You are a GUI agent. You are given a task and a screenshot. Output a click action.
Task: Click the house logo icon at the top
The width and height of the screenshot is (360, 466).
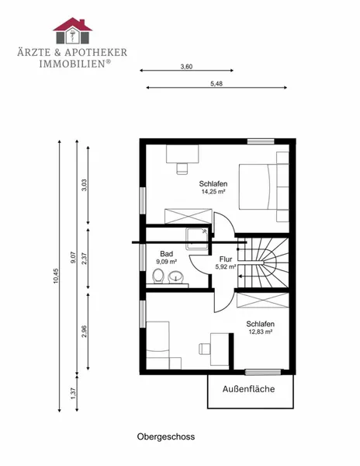point(73,30)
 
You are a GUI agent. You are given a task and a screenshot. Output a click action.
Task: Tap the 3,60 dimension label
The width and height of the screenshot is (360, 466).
point(186,67)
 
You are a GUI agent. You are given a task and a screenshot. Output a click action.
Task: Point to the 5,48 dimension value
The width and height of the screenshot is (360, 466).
point(216,84)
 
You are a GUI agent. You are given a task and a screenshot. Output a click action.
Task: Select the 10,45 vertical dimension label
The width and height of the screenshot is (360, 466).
point(56,276)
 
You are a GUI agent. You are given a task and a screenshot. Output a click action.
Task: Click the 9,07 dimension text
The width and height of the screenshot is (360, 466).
point(74,257)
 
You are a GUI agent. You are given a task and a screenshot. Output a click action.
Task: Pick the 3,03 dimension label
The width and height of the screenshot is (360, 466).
point(85,185)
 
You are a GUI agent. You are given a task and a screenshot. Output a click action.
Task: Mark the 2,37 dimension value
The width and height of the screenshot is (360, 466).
point(85,259)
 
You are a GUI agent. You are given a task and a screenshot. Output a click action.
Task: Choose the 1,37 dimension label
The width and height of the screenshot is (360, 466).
point(74,394)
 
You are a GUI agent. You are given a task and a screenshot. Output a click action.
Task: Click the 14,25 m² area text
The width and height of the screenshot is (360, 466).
point(213,192)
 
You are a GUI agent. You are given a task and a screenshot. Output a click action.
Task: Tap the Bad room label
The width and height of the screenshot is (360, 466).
point(167,254)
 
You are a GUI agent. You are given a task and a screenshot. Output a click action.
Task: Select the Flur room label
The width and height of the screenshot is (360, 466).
point(226,259)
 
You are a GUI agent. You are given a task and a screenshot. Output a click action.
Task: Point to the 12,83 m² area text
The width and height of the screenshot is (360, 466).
point(261,332)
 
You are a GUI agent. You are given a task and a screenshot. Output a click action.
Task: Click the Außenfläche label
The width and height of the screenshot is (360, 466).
point(249,389)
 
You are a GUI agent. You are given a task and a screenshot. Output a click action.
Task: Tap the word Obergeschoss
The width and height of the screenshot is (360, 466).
point(166,436)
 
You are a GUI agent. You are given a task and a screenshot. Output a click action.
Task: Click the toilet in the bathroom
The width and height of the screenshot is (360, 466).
point(158,276)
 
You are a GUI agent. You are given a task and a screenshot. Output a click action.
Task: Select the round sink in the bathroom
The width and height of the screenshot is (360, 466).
point(176,277)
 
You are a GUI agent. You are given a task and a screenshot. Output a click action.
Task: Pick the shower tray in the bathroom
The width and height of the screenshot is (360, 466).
point(197,239)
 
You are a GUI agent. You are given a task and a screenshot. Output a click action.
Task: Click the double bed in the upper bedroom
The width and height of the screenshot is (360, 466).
point(258,186)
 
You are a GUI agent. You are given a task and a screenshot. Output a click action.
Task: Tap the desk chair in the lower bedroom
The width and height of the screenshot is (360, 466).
point(204,349)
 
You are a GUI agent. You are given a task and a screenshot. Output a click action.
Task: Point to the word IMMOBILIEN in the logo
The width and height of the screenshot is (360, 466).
point(72,64)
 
